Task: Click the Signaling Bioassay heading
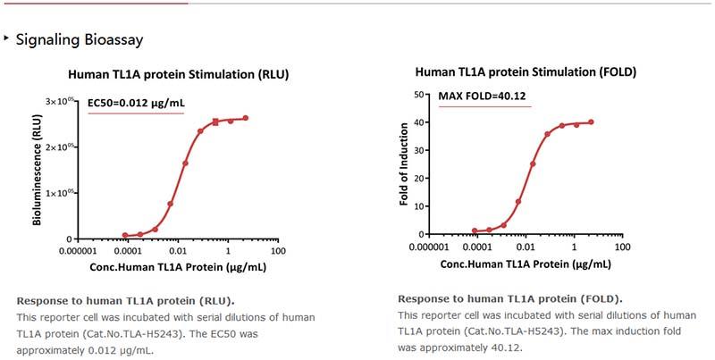pyautogui.click(x=79, y=40)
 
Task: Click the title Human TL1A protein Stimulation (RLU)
pyautogui.click(x=179, y=74)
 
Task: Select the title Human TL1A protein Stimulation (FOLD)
pyautogui.click(x=526, y=72)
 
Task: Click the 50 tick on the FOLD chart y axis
pyautogui.click(x=417, y=94)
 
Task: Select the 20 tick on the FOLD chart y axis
pyautogui.click(x=417, y=177)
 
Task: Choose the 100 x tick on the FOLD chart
pyautogui.click(x=625, y=246)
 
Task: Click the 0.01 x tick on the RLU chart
pyautogui.click(x=178, y=251)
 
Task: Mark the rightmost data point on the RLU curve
pyautogui.click(x=246, y=118)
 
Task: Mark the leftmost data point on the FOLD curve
pyautogui.click(x=475, y=230)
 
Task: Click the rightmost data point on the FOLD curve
pyautogui.click(x=591, y=122)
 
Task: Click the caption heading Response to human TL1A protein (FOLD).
pyautogui.click(x=510, y=298)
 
